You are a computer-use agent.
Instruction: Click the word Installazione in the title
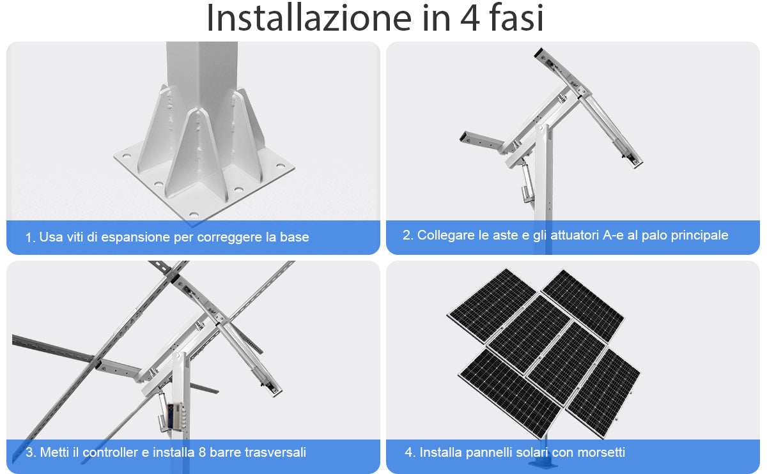coord(309,18)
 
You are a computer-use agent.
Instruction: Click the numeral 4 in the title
coord(470,19)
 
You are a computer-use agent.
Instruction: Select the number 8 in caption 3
coord(202,452)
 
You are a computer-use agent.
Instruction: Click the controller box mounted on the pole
coord(174,416)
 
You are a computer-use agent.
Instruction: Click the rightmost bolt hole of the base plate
coord(281,166)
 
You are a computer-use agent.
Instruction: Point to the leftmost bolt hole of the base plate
coord(127,156)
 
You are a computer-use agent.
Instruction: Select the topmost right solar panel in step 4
coord(583,305)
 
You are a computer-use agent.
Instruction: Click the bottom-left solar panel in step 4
coord(509,394)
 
